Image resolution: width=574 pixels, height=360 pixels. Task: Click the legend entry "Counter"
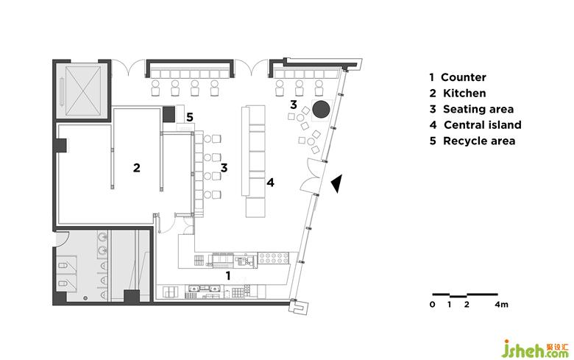coord(463,77)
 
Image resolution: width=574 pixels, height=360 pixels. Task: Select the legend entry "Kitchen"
coord(464,93)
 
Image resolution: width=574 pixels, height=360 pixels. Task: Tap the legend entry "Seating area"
coord(478,109)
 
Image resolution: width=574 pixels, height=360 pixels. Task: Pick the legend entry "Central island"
coord(483,125)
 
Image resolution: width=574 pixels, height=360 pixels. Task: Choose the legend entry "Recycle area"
coord(479,141)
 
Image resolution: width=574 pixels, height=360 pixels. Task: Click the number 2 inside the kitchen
coord(137,168)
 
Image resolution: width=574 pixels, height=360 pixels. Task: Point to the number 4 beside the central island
coord(270,183)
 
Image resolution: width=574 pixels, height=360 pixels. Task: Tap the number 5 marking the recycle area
coord(190,117)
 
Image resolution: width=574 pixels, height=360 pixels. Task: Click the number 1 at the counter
coord(228,276)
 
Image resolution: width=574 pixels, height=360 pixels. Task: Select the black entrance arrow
coord(337,183)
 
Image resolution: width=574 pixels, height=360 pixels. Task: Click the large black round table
coord(322,109)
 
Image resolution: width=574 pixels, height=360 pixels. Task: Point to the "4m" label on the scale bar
coord(502,304)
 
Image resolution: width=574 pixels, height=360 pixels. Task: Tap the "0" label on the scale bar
coord(433,304)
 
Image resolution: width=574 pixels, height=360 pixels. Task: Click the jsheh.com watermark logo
coord(535,348)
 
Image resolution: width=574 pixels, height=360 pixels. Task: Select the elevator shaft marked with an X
coord(82,91)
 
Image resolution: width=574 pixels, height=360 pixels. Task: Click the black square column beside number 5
coord(169,114)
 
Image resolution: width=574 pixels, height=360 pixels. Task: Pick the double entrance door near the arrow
coord(311,175)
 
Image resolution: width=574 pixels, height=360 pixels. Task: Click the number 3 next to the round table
coord(293,105)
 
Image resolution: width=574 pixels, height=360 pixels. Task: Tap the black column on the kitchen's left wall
coord(60,145)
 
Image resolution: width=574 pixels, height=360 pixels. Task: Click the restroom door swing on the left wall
coord(60,239)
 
